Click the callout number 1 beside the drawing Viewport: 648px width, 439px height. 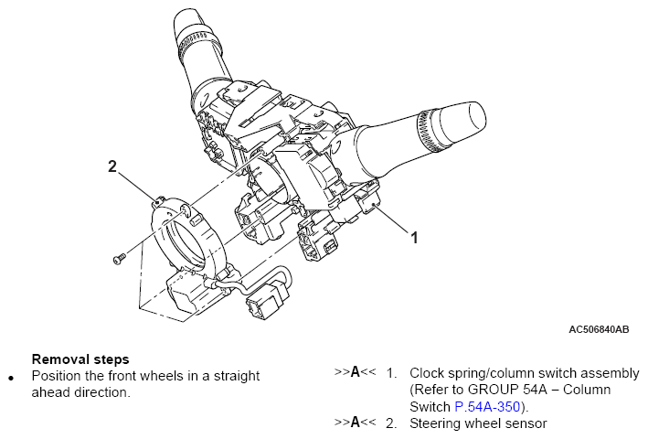click(x=414, y=238)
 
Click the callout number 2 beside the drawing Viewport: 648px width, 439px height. click(x=112, y=166)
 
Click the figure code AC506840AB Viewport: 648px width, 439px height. click(x=599, y=329)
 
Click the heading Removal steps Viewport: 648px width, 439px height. click(x=80, y=359)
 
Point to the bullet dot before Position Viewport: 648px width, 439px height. click(x=11, y=378)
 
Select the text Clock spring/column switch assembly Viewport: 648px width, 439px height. click(x=525, y=373)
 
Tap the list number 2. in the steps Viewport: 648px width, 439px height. click(x=391, y=423)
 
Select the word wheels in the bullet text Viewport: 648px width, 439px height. click(x=157, y=376)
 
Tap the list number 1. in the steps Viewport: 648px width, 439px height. click(x=391, y=373)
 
